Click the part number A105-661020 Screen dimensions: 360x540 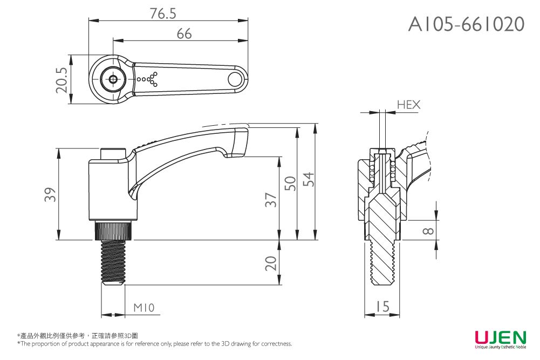click(x=466, y=24)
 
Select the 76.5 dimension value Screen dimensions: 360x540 click(x=163, y=14)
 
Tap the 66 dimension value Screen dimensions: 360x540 click(x=184, y=34)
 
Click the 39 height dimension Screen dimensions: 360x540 click(x=50, y=195)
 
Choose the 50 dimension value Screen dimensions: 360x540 click(x=290, y=184)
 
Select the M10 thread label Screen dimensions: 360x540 click(x=144, y=308)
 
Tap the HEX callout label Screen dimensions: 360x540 click(x=408, y=105)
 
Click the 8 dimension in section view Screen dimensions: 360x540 click(x=428, y=231)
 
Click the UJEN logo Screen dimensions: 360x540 click(x=500, y=338)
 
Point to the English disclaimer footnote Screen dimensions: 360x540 click(x=154, y=344)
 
